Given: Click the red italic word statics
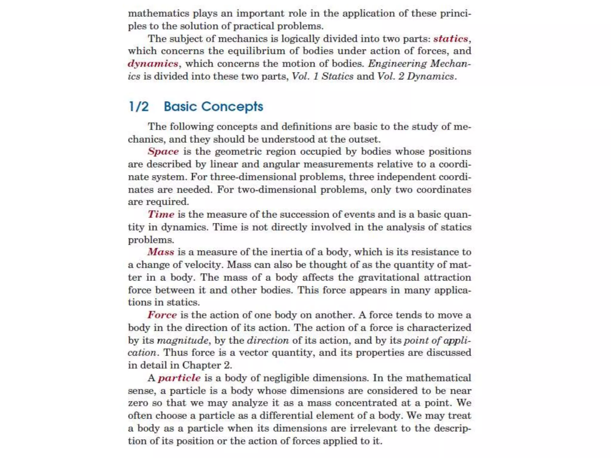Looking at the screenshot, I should [x=450, y=39].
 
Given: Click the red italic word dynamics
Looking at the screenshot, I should [x=153, y=64].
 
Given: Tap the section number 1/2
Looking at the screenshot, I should [x=139, y=106].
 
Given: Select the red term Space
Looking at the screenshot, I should [x=163, y=151].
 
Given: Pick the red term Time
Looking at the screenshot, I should [x=161, y=214].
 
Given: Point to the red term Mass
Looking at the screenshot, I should [x=161, y=252].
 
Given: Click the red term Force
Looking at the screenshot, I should [x=162, y=315].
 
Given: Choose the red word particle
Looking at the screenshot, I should [x=179, y=378].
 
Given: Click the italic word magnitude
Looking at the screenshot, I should [x=183, y=340].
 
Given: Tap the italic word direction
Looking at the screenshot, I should [x=268, y=340].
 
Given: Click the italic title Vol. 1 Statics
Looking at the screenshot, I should [x=323, y=76].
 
